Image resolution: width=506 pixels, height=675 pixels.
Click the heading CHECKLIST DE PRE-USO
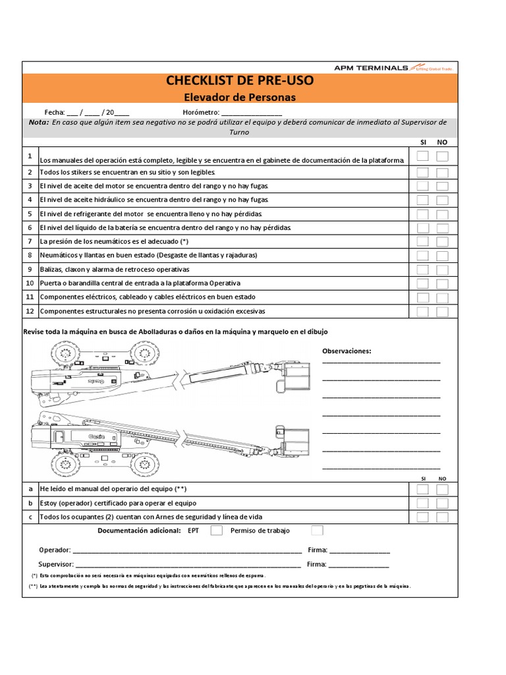(x=240, y=81)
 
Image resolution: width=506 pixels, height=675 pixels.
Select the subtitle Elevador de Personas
(x=240, y=97)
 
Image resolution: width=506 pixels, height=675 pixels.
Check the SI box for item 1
(x=423, y=156)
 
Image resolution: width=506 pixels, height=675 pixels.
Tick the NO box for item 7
(x=442, y=242)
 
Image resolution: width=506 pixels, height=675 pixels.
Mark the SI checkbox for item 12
(x=423, y=311)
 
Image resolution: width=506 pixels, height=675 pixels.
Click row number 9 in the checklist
(x=30, y=269)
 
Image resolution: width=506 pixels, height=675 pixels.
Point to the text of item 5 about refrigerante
(x=152, y=214)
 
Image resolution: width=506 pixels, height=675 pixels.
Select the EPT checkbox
(x=215, y=530)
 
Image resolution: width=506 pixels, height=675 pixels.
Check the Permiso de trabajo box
(x=317, y=530)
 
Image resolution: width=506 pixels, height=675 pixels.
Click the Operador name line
(x=187, y=550)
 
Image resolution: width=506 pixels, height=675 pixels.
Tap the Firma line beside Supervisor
(x=358, y=565)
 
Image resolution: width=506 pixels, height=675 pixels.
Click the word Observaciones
(x=347, y=351)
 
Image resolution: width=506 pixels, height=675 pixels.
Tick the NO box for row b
(x=442, y=503)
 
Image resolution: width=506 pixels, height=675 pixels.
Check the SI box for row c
(x=423, y=517)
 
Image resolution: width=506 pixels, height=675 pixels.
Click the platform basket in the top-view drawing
(x=294, y=373)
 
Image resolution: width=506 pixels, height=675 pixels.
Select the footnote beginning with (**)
(x=220, y=586)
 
